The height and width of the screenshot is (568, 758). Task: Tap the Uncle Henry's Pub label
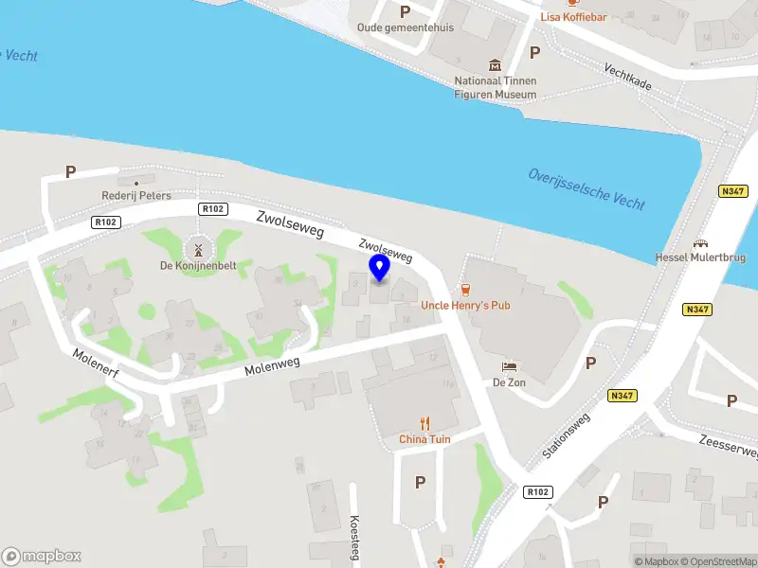click(465, 307)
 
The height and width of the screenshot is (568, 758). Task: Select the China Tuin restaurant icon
click(425, 423)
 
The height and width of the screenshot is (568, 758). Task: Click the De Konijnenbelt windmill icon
click(198, 250)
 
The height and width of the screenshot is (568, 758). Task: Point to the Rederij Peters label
click(136, 196)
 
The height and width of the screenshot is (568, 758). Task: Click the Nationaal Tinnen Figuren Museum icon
click(495, 64)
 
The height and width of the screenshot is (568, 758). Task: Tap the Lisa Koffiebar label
click(573, 17)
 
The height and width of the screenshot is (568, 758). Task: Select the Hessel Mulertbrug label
click(700, 257)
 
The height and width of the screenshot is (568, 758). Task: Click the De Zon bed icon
click(509, 366)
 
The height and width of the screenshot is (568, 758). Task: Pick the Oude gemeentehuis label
click(405, 27)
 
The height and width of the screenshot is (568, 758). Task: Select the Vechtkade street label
click(628, 77)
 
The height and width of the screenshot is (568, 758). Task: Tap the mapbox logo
click(42, 556)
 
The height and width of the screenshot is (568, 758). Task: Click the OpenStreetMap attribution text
click(716, 561)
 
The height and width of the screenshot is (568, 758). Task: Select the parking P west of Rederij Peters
click(70, 172)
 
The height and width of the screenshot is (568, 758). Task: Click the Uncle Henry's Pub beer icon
click(465, 289)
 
